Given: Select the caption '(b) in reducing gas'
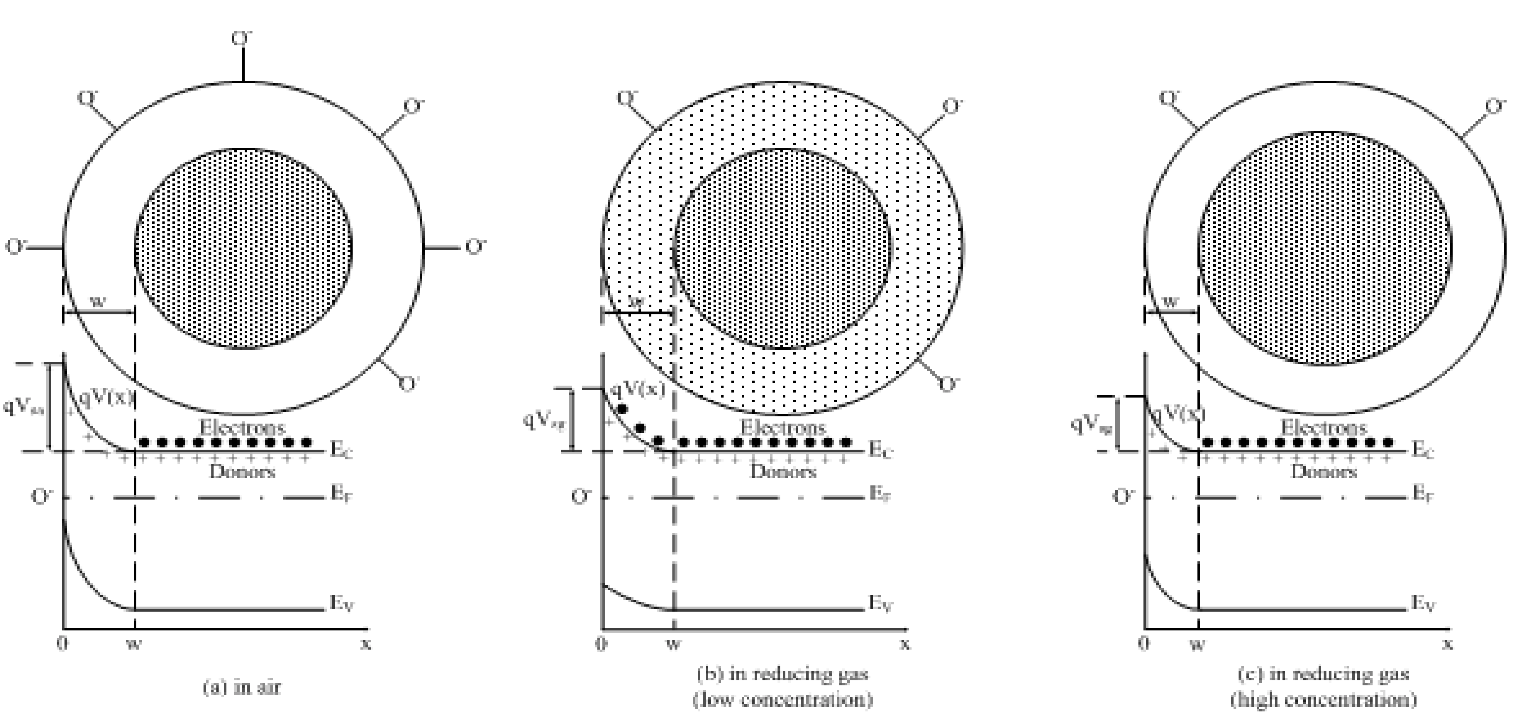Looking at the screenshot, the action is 783,673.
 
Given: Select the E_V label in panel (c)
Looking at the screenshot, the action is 1423,604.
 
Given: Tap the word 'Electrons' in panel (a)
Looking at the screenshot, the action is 242,427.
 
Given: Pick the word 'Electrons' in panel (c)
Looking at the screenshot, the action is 1324,427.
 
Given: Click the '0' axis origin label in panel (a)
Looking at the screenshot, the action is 62,643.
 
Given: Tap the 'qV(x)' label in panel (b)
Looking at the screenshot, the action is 637,389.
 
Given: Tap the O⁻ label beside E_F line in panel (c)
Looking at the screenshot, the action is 1123,496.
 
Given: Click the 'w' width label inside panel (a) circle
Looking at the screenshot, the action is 99,301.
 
